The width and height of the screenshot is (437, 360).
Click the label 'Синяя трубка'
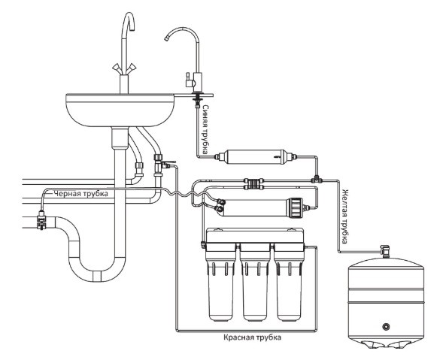(205, 130)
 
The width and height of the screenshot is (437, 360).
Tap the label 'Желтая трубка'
(345, 216)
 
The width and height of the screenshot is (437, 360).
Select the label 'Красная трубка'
(252, 337)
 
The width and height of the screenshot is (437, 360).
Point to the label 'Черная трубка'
(80, 193)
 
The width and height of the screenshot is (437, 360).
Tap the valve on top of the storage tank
(385, 250)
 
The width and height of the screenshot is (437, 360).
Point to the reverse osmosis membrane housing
(262, 207)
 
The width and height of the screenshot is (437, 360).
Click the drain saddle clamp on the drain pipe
(41, 219)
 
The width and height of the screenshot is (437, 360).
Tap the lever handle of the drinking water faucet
(188, 79)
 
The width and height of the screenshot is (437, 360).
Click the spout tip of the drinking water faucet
(166, 38)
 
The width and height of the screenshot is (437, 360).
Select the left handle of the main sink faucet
(117, 68)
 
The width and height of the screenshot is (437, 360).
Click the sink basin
(120, 110)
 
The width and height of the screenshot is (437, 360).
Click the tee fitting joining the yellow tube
(316, 179)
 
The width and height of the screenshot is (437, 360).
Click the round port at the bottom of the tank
(386, 326)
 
